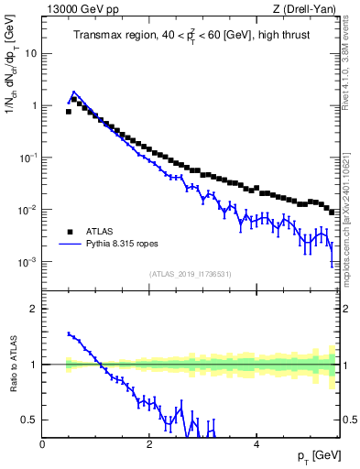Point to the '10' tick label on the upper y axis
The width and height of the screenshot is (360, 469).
pyautogui.click(x=31, y=53)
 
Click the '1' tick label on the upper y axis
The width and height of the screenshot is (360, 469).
pyautogui.click(x=34, y=105)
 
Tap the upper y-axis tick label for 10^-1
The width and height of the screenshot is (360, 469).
pyautogui.click(x=29, y=158)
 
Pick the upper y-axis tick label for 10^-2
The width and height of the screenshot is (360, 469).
pyautogui.click(x=29, y=210)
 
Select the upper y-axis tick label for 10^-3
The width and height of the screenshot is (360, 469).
pyautogui.click(x=29, y=262)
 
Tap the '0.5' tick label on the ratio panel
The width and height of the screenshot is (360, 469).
pyautogui.click(x=30, y=420)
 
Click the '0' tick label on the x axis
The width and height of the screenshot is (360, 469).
pyautogui.click(x=43, y=444)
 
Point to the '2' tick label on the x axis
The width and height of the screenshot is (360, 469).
pyautogui.click(x=149, y=444)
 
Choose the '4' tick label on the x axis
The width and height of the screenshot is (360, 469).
pyautogui.click(x=256, y=444)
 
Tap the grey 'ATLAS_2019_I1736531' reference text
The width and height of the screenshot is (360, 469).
pyautogui.click(x=190, y=274)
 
